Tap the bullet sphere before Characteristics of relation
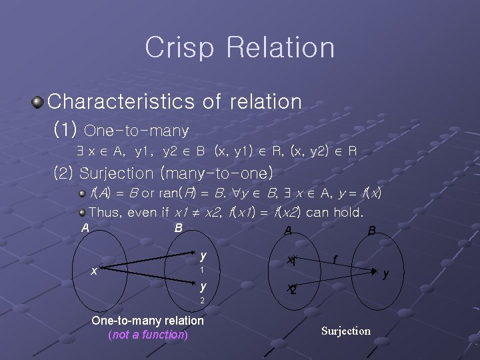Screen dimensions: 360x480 pos(37,103)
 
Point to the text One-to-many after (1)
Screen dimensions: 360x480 pos(137,129)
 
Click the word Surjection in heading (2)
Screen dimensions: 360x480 pos(116,173)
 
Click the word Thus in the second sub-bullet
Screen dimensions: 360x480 pos(103,213)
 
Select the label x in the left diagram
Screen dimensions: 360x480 pos(95,271)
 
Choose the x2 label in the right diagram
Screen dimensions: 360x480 pos(291,289)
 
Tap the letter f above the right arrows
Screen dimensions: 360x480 pos(335,258)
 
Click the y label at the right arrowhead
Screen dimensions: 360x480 pos(385,273)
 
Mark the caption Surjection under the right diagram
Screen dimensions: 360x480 pos(346,331)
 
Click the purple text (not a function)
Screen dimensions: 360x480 pos(148,335)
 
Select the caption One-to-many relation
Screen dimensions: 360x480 pos(147,321)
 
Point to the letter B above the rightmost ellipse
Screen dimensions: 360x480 pos(372,231)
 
